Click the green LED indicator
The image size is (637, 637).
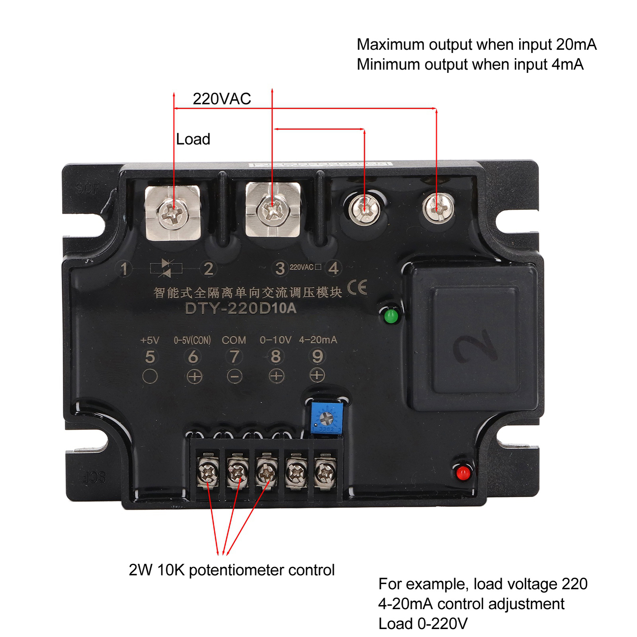[391, 317]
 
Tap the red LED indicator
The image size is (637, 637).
[463, 473]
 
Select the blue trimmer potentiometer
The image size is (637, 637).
[326, 418]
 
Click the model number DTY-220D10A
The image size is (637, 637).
[241, 308]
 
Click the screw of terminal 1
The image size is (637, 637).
[172, 213]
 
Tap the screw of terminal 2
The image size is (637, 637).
[273, 210]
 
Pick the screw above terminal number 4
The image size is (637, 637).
[438, 208]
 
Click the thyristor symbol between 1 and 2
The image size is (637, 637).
[166, 268]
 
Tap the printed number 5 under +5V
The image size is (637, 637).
[150, 357]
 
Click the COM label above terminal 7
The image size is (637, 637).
[234, 340]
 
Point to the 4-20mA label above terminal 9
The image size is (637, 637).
[318, 340]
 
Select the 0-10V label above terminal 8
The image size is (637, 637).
[276, 340]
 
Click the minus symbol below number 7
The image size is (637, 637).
[234, 376]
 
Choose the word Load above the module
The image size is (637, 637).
[193, 139]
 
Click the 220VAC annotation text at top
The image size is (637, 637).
[222, 99]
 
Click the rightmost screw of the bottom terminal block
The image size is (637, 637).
[325, 473]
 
